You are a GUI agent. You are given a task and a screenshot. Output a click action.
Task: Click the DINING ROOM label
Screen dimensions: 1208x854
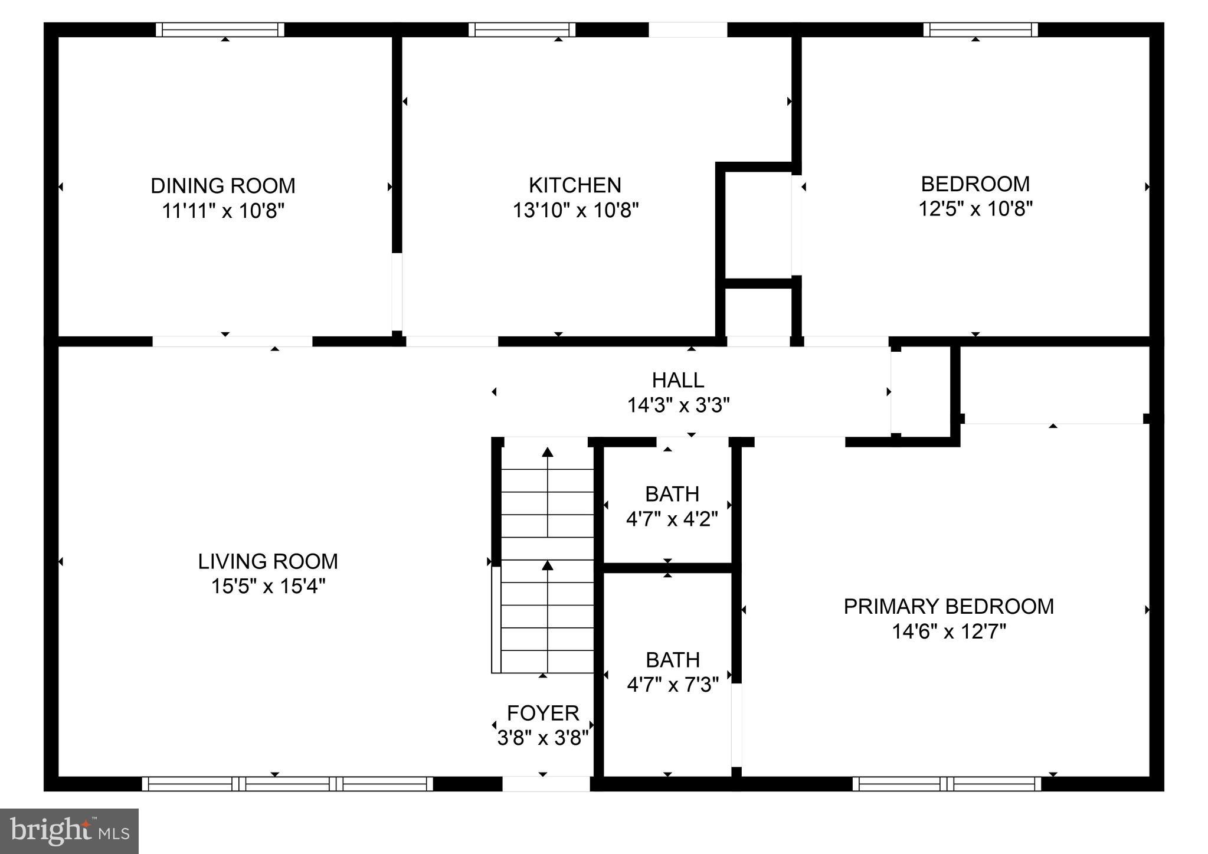[x=223, y=186]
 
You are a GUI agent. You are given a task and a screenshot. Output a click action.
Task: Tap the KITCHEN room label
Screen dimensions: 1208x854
[x=575, y=185]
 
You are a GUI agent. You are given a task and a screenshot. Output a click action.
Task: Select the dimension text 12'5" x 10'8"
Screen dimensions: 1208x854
[x=975, y=209]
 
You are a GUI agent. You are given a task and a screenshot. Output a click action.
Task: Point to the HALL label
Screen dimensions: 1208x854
[x=678, y=380]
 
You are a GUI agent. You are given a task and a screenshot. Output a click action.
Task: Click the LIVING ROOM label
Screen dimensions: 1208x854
[x=268, y=561]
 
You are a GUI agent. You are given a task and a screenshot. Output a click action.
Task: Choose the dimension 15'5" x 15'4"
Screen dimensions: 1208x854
[x=269, y=587]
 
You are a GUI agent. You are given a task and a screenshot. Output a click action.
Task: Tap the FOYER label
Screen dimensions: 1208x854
[x=543, y=714]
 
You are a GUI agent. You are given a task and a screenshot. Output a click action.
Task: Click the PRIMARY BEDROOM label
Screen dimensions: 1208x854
[x=949, y=607]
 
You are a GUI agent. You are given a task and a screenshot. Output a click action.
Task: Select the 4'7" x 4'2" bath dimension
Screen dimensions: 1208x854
[x=672, y=519]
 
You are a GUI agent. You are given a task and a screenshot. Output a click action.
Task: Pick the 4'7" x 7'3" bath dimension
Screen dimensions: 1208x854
[x=673, y=685]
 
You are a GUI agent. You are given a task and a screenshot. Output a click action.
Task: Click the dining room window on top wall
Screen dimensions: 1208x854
[x=220, y=30]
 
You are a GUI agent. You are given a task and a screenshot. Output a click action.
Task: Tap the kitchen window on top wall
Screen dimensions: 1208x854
[x=522, y=30]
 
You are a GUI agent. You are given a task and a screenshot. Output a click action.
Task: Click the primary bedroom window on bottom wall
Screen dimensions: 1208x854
[x=947, y=784]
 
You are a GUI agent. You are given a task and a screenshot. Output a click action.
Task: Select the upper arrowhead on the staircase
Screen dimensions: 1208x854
[x=548, y=452]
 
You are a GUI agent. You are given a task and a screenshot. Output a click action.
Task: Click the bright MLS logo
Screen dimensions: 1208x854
[x=70, y=831]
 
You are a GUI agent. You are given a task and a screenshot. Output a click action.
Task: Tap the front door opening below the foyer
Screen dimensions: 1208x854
[x=546, y=784]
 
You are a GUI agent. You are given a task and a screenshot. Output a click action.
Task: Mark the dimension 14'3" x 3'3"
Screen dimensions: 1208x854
[x=678, y=405]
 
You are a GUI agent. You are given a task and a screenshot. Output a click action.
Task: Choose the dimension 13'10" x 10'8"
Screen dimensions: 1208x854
[x=575, y=210]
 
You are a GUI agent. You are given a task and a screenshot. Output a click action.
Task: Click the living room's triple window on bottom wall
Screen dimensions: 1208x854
[x=287, y=784]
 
